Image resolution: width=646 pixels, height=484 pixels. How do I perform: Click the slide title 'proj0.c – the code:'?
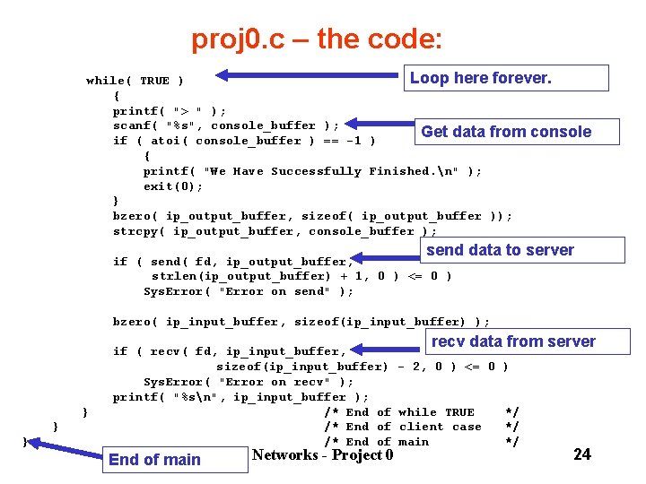tap(316, 39)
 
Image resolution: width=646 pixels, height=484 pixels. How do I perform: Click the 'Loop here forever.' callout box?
tap(507, 78)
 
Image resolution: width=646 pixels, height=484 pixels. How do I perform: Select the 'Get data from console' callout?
tap(505, 132)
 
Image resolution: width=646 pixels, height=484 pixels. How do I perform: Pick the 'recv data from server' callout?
tap(512, 341)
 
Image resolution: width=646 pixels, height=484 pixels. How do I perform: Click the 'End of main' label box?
tap(154, 460)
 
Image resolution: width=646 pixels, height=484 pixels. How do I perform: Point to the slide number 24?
tap(581, 454)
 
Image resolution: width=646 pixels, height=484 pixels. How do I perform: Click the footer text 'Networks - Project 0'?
tap(323, 455)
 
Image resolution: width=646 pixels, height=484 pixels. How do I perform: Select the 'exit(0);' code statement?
tap(173, 186)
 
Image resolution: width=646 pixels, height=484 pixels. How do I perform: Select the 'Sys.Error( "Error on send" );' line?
tap(249, 291)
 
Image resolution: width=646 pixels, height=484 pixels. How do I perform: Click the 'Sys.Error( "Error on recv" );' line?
tap(249, 382)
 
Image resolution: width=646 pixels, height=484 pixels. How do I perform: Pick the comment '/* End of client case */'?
tap(421, 427)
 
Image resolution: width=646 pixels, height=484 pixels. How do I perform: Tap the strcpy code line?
tap(275, 231)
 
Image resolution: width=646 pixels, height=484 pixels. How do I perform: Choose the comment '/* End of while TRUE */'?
tap(421, 412)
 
